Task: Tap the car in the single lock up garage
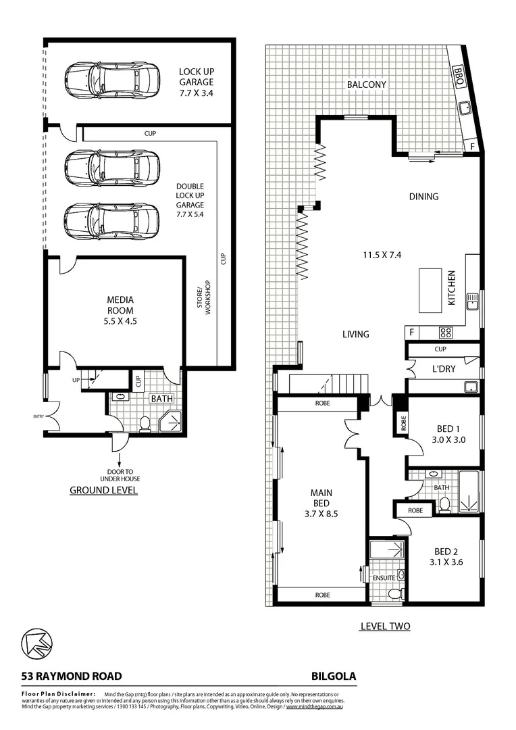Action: (112, 80)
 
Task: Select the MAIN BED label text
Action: (321, 503)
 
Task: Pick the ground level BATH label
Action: (161, 399)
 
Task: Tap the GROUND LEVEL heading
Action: (103, 490)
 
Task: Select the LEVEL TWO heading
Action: (384, 627)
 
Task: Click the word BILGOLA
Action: (334, 675)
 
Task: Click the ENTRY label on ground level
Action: (38, 416)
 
